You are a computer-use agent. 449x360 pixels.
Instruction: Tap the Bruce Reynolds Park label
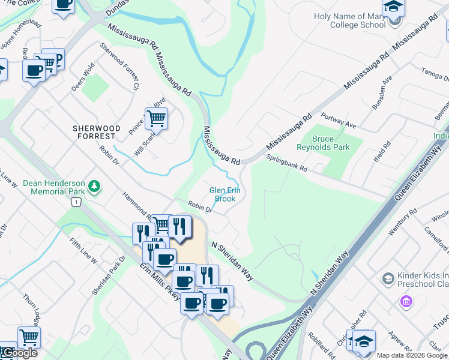(x=331, y=143)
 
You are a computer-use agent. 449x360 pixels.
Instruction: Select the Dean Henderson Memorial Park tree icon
(x=94, y=187)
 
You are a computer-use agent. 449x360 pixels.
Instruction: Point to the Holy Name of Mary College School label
(x=349, y=21)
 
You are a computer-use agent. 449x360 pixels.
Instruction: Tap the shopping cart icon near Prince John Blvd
(x=156, y=118)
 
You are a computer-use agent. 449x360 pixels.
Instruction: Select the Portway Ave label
(x=339, y=120)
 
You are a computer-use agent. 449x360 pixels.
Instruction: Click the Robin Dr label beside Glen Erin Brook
(x=200, y=206)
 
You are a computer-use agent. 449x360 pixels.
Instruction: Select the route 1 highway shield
(x=76, y=203)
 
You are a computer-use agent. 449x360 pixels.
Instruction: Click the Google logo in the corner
(x=19, y=353)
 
